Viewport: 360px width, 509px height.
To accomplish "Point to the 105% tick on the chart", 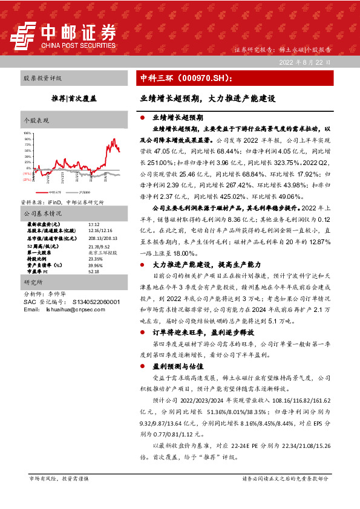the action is pos(27,132).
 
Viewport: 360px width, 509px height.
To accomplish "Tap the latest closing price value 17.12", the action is pos(85,223).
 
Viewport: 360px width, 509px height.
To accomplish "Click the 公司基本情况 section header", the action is pos(42,213).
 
